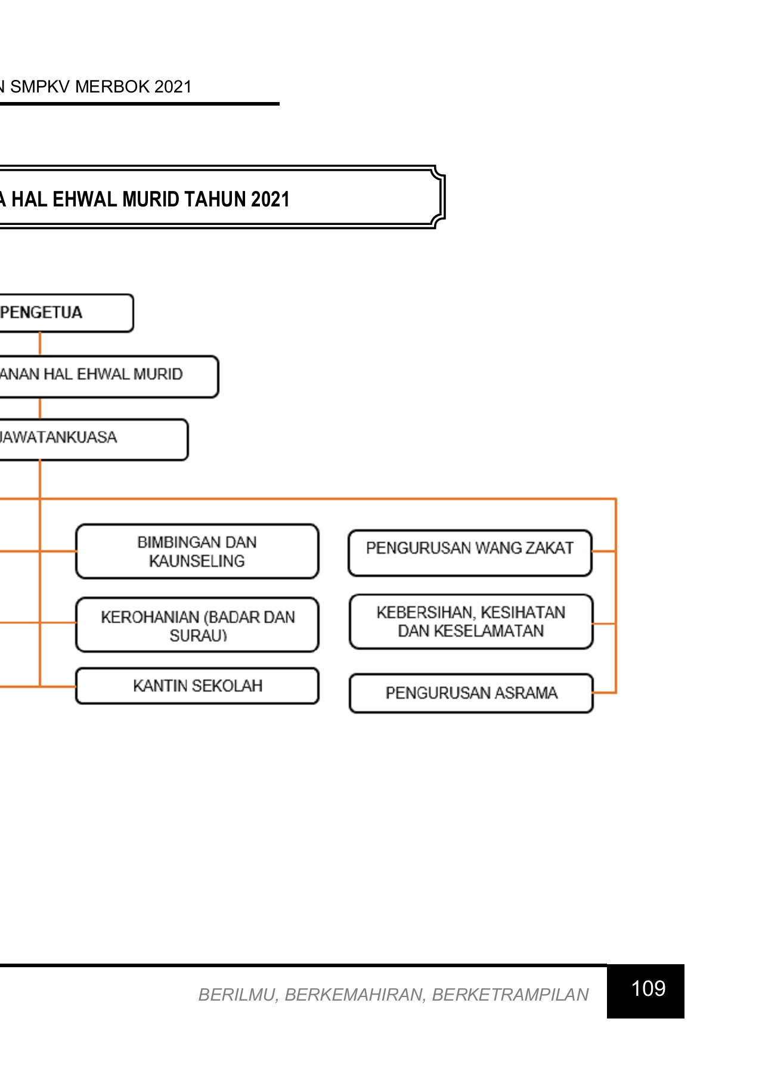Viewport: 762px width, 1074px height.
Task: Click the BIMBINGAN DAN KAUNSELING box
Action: (197, 551)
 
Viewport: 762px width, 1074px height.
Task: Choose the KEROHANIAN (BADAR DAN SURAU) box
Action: (197, 625)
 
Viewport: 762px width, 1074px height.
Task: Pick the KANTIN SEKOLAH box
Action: (197, 686)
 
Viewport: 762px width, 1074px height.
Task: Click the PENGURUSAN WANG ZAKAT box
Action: (470, 553)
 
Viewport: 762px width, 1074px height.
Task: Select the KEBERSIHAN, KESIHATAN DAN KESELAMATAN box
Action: (470, 621)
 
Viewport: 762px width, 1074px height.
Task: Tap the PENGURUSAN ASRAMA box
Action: (470, 693)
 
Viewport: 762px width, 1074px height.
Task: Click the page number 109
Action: (648, 989)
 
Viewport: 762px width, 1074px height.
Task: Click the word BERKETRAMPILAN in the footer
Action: (510, 995)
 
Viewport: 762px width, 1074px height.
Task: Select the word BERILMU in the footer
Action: (237, 995)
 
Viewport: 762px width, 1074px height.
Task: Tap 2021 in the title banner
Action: (270, 199)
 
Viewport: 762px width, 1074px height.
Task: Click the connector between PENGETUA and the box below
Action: (40, 344)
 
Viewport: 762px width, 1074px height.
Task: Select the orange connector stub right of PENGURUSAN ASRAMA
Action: (604, 693)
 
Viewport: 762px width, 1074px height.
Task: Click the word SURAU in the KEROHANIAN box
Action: (197, 635)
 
